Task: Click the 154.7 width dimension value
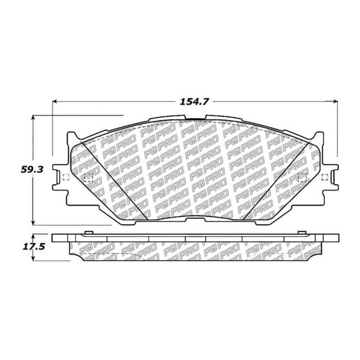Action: [194, 102]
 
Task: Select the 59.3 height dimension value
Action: [32, 169]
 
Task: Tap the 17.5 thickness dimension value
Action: [34, 247]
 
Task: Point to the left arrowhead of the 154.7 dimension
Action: [55, 101]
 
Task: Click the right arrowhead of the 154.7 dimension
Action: [336, 101]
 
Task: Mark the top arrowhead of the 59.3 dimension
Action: [34, 117]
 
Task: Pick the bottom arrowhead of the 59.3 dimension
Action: [34, 223]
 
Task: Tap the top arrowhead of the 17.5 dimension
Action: [34, 236]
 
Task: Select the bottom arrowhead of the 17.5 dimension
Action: [34, 258]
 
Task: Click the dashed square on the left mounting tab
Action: [66, 177]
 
